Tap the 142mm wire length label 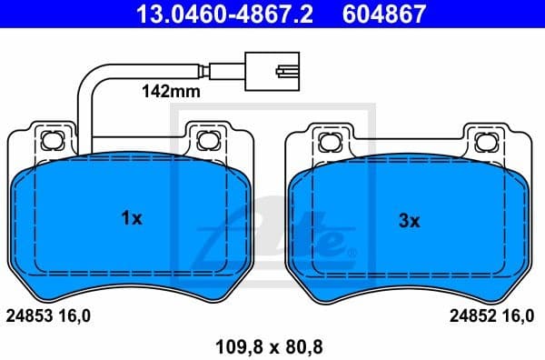pos(168,92)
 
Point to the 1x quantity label pos(132,218)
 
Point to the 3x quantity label pos(410,220)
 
